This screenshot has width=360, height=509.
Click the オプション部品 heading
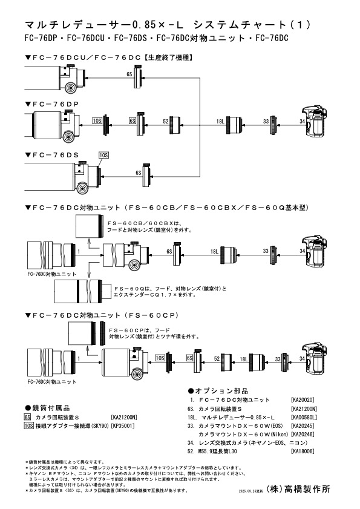[218, 391]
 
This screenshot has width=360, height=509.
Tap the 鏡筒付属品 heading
[48, 407]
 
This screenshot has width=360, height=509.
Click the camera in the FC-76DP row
[316, 121]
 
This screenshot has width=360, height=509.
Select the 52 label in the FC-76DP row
[165, 122]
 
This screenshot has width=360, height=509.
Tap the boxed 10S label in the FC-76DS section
[103, 155]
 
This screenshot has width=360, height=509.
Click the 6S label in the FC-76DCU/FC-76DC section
[129, 74]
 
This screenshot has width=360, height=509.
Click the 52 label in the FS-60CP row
[216, 359]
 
